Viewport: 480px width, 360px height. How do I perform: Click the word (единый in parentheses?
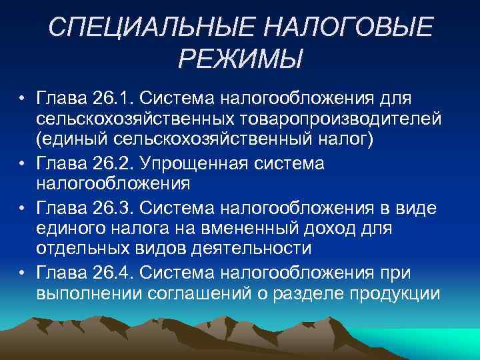click(x=71, y=142)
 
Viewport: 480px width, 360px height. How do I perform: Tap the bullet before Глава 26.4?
click(x=23, y=273)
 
